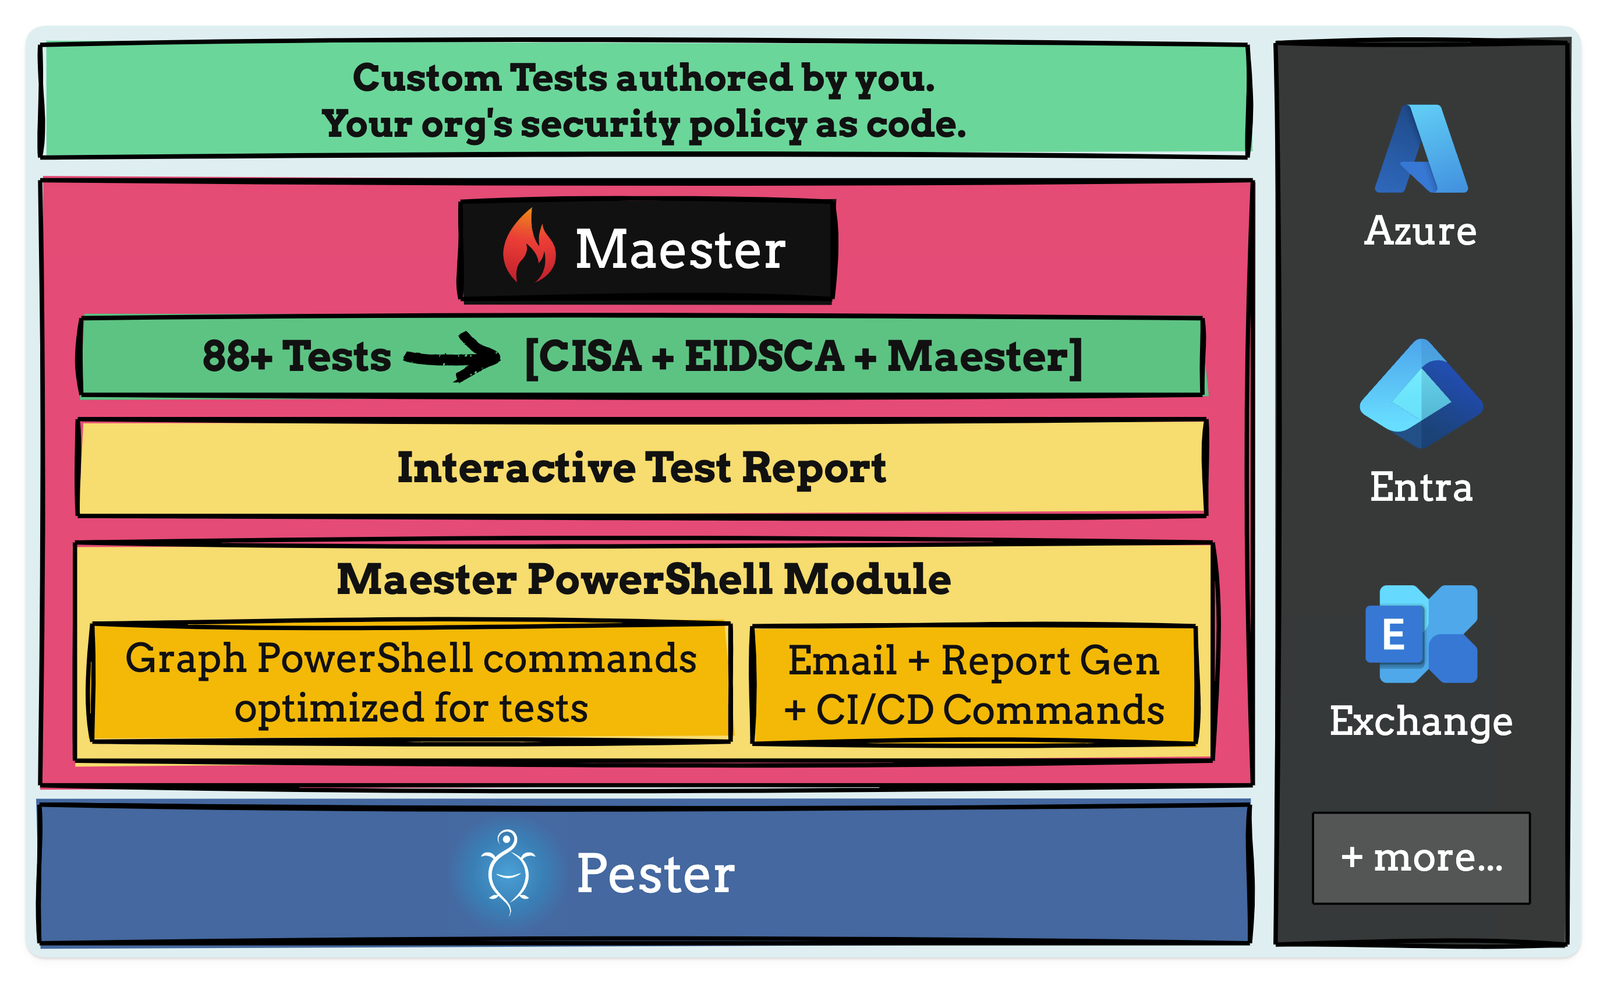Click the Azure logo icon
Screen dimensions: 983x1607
1421,150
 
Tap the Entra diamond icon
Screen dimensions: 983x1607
1421,394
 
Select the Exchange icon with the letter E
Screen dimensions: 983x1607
1421,634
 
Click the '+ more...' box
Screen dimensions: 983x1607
1421,858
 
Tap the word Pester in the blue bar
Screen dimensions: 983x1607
656,874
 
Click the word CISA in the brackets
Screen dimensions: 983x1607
590,356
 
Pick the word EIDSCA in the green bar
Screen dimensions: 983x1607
764,356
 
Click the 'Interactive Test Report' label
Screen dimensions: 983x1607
642,468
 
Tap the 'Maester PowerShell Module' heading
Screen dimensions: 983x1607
644,579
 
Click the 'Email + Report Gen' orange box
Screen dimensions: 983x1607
974,684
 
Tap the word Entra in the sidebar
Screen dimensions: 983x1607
1421,487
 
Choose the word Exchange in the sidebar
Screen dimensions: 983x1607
1421,721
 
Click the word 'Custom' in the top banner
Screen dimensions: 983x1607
427,78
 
